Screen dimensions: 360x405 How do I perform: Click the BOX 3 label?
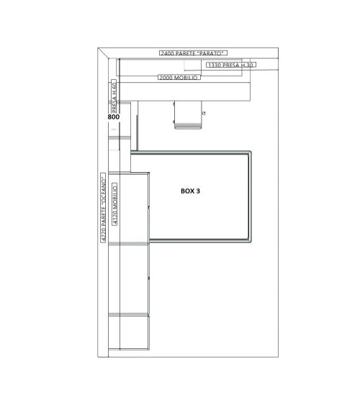[190, 191]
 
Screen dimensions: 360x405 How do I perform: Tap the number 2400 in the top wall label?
[167, 53]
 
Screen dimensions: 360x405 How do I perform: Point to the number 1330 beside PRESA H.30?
[215, 65]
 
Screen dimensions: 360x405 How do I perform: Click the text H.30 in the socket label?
[247, 65]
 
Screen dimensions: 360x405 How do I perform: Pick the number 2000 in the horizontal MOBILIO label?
[166, 78]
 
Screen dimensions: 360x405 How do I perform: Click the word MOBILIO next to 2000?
[186, 78]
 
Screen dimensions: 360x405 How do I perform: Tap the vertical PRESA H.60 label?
[114, 97]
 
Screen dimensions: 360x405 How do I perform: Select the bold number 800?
[114, 117]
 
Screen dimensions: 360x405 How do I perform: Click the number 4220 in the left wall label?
[104, 235]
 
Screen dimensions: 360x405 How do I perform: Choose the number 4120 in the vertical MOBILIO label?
[115, 218]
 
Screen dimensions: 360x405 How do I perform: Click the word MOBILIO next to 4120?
[115, 198]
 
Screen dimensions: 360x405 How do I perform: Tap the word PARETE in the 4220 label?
[104, 217]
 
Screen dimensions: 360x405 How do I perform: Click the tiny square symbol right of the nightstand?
[204, 113]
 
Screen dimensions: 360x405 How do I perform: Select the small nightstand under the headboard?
[188, 114]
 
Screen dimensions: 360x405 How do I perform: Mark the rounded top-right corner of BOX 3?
[249, 153]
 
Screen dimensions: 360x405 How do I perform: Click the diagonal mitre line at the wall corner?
[103, 53]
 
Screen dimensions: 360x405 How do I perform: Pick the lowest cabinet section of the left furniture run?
[129, 332]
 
